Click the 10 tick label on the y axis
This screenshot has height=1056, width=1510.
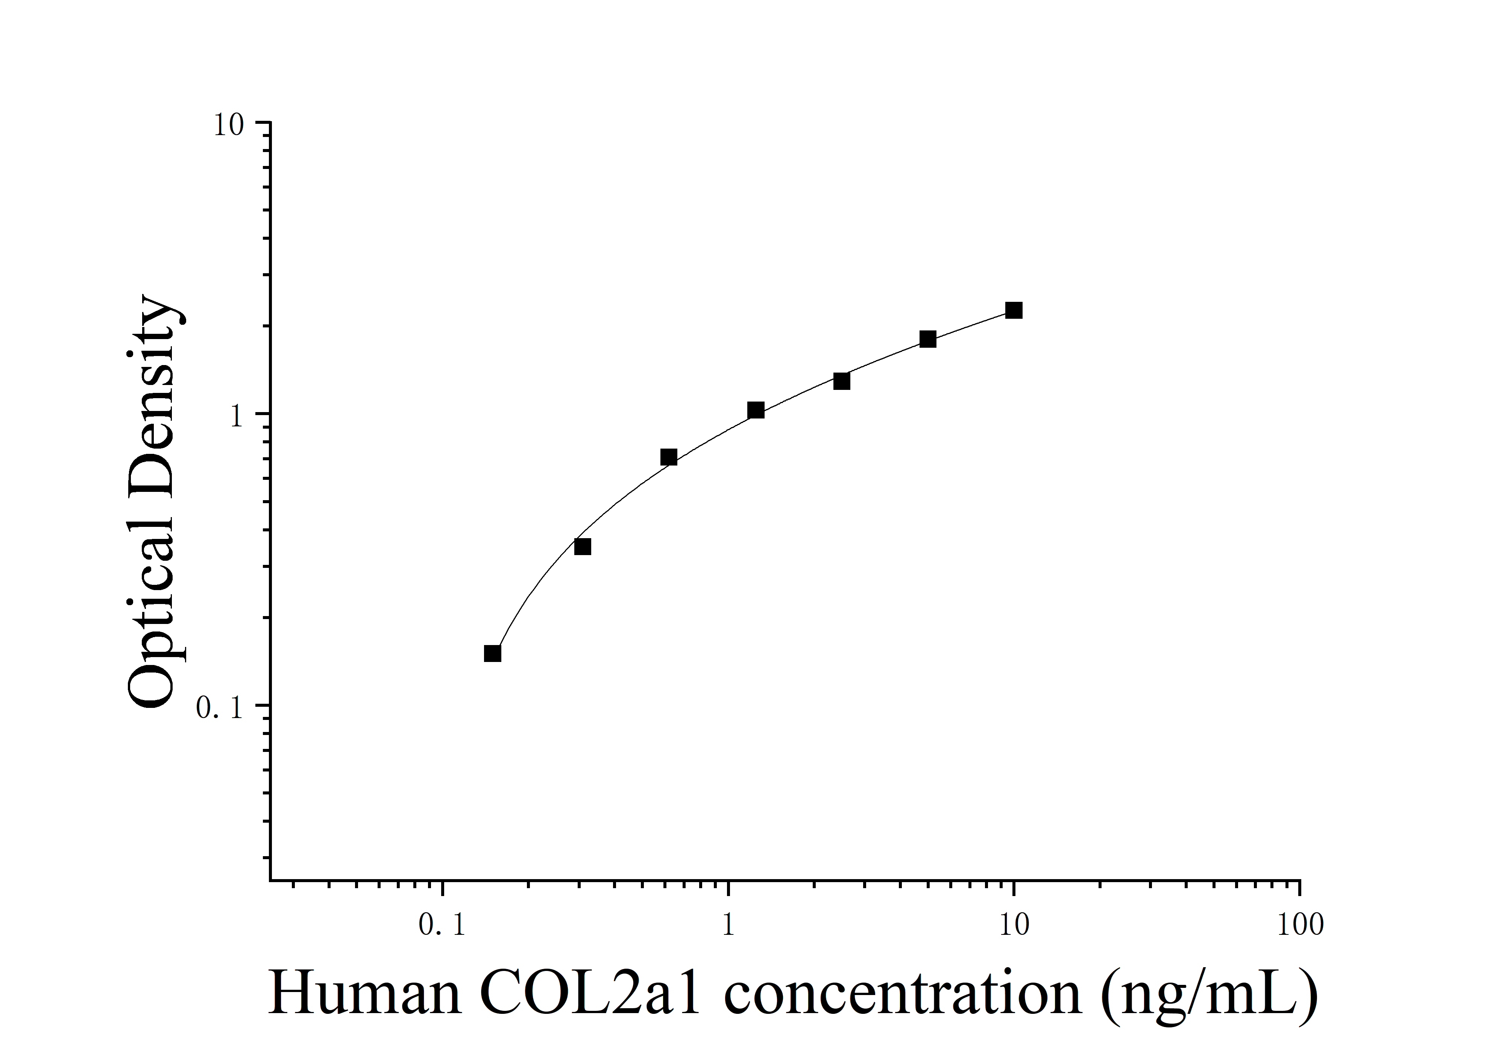tap(228, 125)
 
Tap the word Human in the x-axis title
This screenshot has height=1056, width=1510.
tap(365, 994)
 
